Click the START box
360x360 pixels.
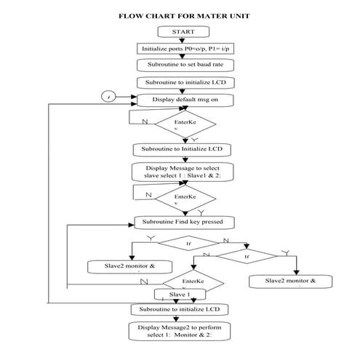[183, 33]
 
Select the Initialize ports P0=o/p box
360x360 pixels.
[183, 49]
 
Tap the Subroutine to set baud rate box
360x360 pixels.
[183, 65]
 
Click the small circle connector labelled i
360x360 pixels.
[110, 97]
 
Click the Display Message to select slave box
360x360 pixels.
[183, 172]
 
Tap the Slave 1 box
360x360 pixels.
[181, 295]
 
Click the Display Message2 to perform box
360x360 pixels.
[183, 332]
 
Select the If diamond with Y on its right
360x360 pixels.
[248, 255]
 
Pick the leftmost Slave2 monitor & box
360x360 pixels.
[130, 267]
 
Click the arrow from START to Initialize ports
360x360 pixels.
[183, 41]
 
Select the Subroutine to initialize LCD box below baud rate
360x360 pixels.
[183, 82]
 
